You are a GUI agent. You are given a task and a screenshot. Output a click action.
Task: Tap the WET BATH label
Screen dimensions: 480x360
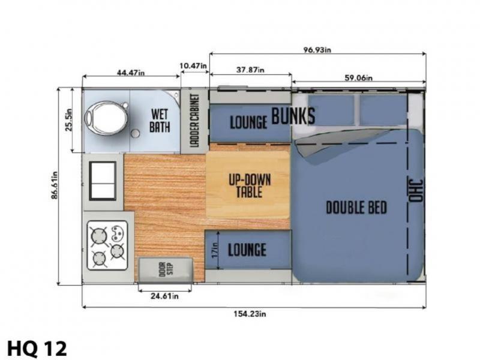(160, 121)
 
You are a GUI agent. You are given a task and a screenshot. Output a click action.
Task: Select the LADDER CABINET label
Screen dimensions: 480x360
(194, 121)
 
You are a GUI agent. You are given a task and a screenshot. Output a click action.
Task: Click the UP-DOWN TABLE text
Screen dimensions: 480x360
(250, 186)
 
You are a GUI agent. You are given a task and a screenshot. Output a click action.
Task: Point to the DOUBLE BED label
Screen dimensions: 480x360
(356, 208)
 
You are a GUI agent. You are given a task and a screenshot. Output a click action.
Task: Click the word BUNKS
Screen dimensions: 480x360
(293, 116)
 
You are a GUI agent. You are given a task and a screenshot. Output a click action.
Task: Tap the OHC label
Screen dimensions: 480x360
(416, 190)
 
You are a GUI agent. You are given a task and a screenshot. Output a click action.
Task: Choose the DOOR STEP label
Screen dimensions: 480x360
(166, 269)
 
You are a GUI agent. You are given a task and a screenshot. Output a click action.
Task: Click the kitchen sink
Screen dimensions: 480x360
(103, 181)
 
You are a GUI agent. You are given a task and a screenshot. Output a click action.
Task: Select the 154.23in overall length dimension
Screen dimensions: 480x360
(250, 314)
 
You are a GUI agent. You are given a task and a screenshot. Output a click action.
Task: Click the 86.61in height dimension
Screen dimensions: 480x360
(54, 185)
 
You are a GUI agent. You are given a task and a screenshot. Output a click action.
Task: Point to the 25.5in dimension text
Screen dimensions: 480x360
(68, 119)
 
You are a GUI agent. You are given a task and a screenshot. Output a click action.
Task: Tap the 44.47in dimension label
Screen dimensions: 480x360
(131, 73)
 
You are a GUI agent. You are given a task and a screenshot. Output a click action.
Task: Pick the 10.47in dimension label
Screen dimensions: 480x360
(193, 65)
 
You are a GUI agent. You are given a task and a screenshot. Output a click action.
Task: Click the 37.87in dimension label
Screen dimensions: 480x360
(250, 70)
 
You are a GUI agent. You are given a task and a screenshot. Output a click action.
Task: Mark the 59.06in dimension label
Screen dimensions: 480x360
(358, 78)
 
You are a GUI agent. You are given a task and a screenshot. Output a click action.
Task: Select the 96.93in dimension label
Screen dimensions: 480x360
(317, 50)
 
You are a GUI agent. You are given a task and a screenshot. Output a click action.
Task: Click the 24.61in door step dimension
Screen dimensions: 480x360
(164, 296)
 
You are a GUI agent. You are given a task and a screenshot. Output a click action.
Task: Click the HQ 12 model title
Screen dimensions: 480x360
(37, 349)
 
